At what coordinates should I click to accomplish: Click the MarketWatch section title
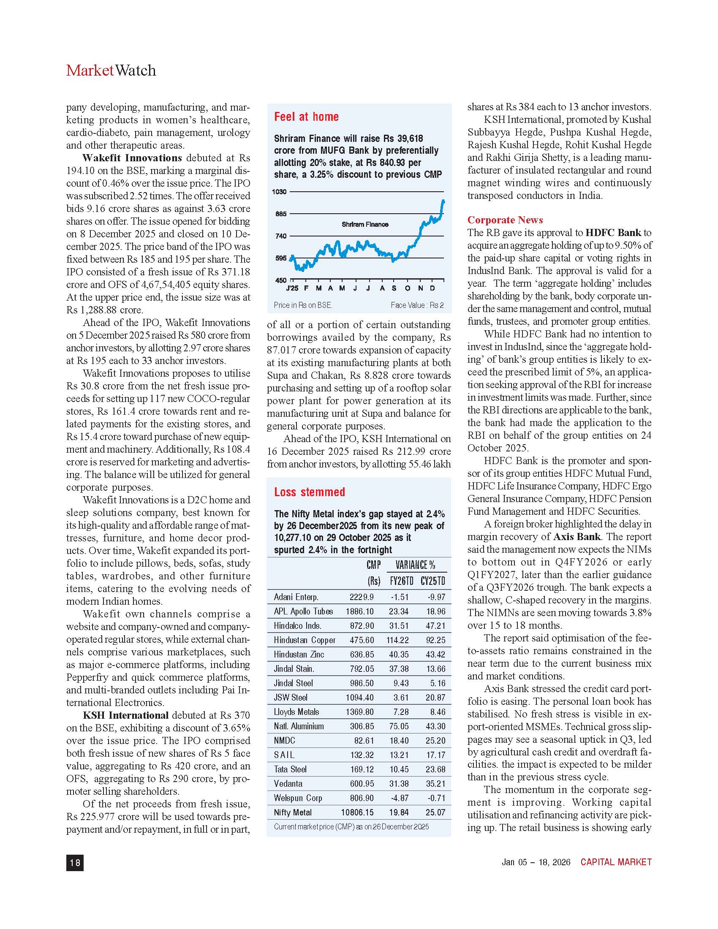(x=111, y=70)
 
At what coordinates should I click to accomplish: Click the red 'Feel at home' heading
(x=306, y=117)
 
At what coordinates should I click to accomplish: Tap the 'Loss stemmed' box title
(x=309, y=492)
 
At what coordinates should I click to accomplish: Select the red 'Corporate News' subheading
(x=505, y=220)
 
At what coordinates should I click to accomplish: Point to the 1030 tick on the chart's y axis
(x=279, y=192)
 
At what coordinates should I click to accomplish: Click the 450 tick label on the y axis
(x=281, y=280)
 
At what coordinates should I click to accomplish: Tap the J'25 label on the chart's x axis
(x=292, y=288)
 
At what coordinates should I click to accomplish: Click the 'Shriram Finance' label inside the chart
(x=365, y=224)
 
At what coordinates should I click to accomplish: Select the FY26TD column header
(x=401, y=581)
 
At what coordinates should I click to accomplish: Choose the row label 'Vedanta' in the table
(x=288, y=783)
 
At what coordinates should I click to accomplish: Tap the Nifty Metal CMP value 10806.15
(x=357, y=812)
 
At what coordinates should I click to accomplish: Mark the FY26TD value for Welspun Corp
(x=400, y=798)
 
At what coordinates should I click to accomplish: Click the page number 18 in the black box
(x=75, y=862)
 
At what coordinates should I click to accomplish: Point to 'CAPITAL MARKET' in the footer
(x=616, y=862)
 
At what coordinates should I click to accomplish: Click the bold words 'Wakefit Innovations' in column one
(x=132, y=158)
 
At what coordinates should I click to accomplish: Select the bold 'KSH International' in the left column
(x=125, y=715)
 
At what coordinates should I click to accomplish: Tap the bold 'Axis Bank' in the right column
(x=577, y=537)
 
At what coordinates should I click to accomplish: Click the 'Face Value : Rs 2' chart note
(x=417, y=305)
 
